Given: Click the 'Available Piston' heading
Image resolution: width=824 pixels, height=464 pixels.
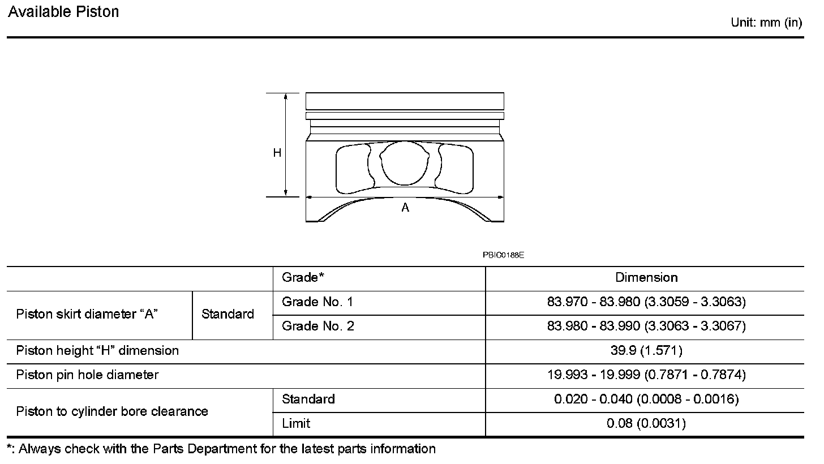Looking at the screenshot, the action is [63, 12].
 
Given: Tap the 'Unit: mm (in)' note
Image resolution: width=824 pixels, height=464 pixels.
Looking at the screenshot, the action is [766, 23].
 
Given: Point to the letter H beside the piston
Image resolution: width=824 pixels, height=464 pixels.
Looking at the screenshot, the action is [277, 153].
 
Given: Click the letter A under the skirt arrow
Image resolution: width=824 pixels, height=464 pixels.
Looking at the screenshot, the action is [405, 208].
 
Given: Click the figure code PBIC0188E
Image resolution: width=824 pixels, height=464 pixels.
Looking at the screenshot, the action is [503, 255].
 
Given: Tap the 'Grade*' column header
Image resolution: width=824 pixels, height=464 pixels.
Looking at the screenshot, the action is [303, 277].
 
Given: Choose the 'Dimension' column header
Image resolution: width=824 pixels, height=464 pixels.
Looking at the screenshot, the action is [646, 278].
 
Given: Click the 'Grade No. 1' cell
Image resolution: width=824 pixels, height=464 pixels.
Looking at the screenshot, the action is [317, 302].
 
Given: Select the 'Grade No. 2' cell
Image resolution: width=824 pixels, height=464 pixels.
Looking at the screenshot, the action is [318, 326].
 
